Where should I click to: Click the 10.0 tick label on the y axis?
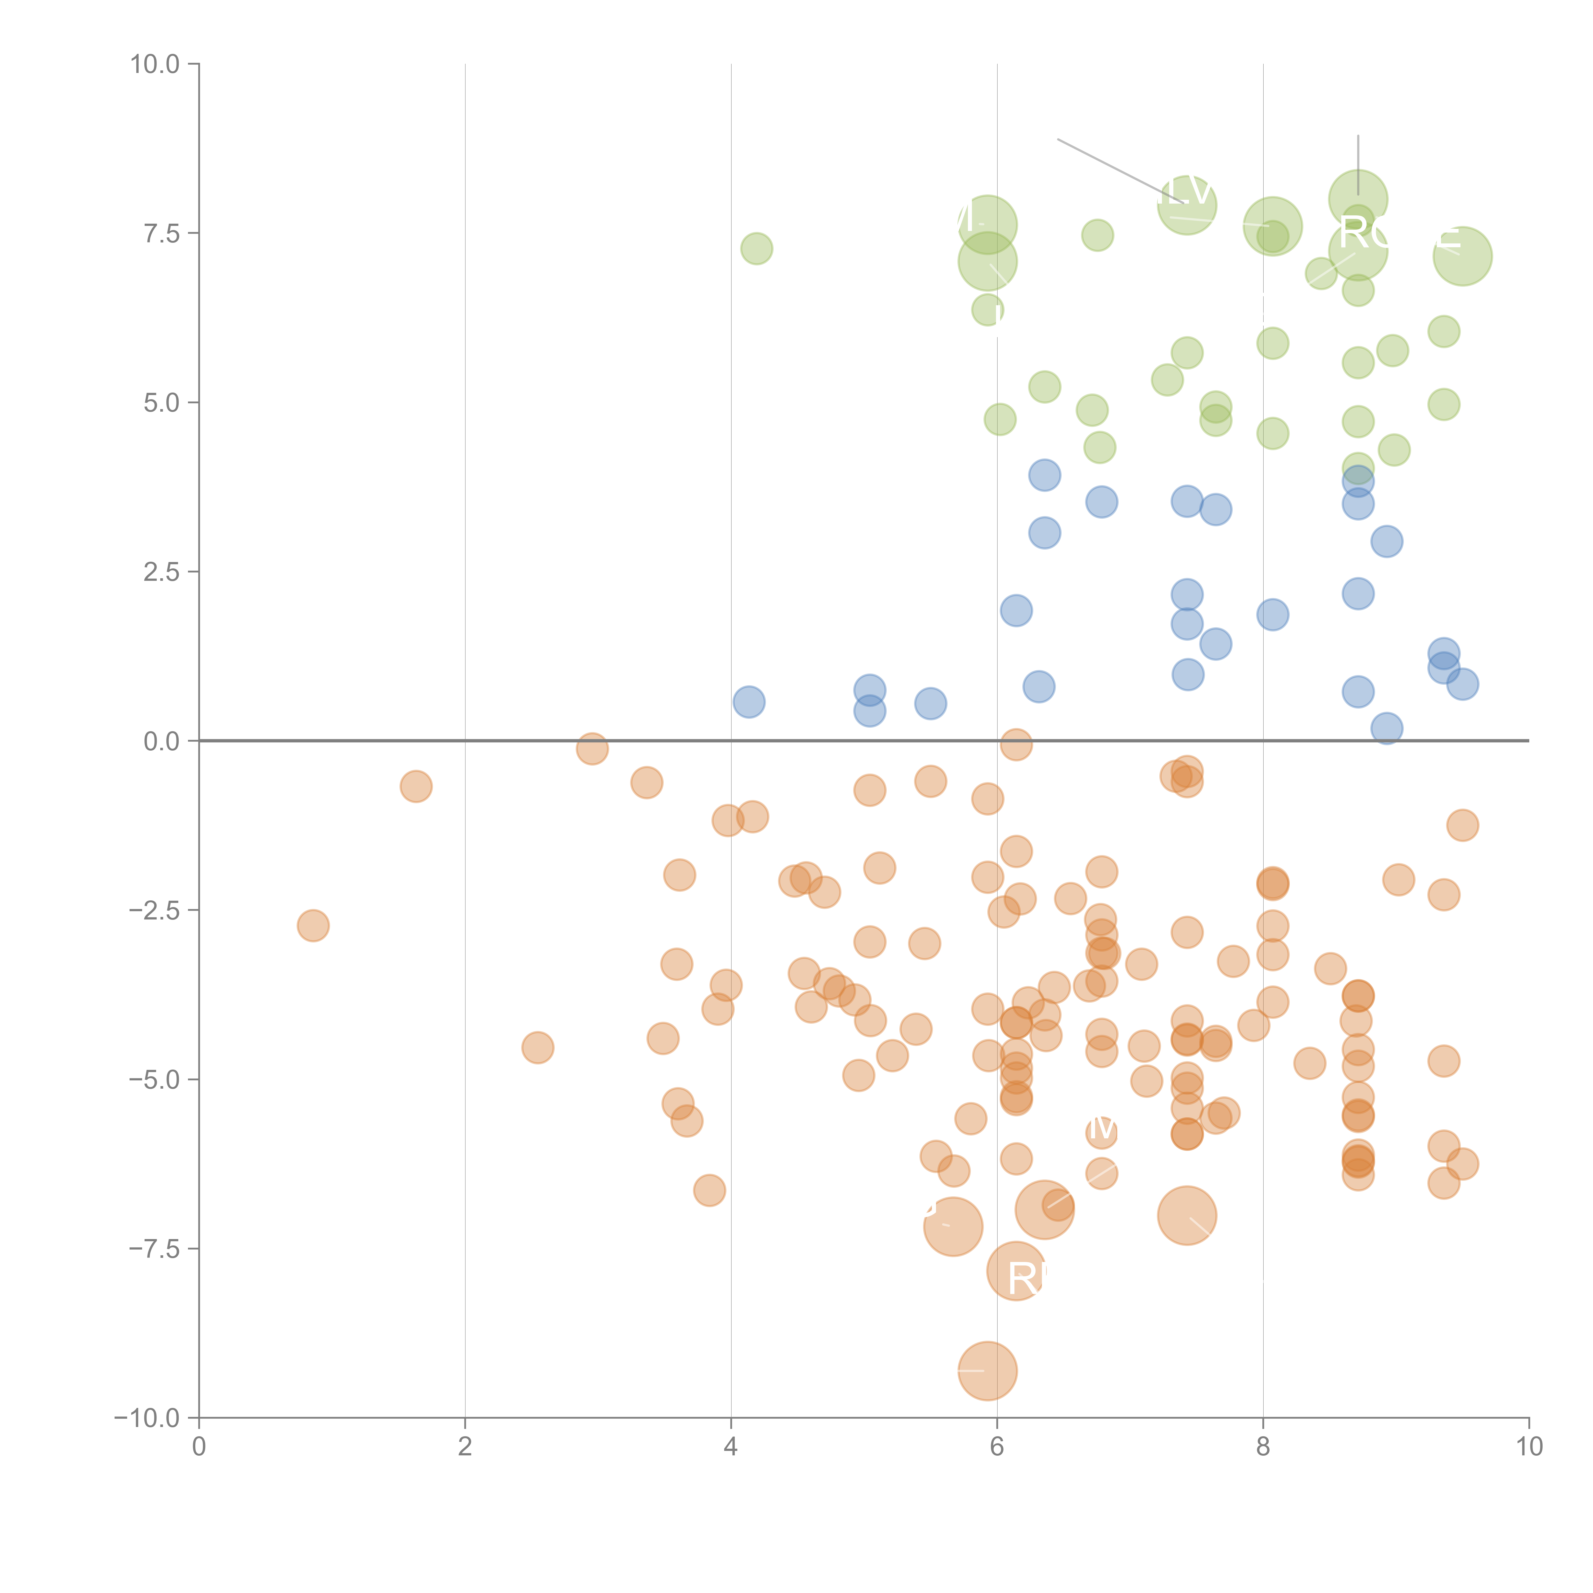pos(155,64)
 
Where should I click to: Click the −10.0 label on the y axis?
pos(147,1418)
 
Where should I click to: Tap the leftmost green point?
pos(756,248)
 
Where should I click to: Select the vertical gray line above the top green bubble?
pos(1358,163)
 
